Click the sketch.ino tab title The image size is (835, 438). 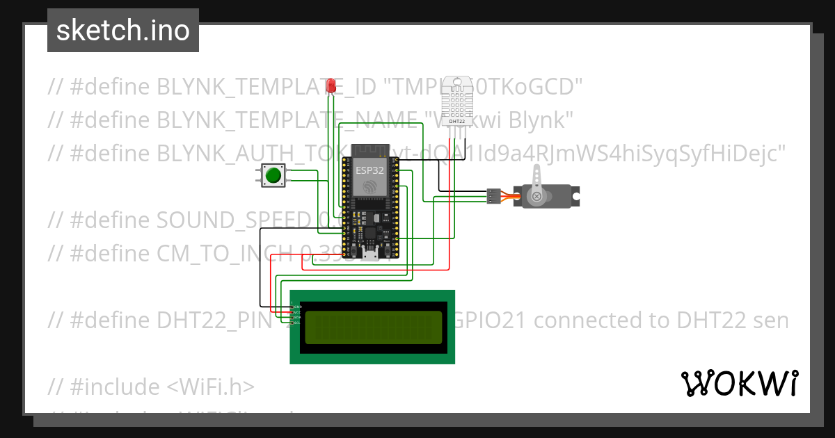click(122, 31)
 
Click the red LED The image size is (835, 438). click(333, 86)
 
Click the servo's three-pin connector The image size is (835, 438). click(493, 197)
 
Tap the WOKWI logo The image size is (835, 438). click(739, 383)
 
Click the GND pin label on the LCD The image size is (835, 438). click(297, 307)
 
